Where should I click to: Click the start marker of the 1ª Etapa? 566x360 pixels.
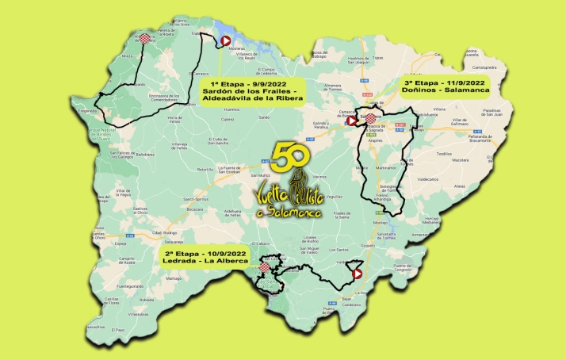(x=226, y=42)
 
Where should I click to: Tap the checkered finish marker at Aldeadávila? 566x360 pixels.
(x=144, y=37)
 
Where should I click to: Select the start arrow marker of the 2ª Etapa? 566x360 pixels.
(x=358, y=274)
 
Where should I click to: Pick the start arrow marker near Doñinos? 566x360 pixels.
(x=352, y=121)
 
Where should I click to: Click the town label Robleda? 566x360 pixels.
(x=146, y=301)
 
